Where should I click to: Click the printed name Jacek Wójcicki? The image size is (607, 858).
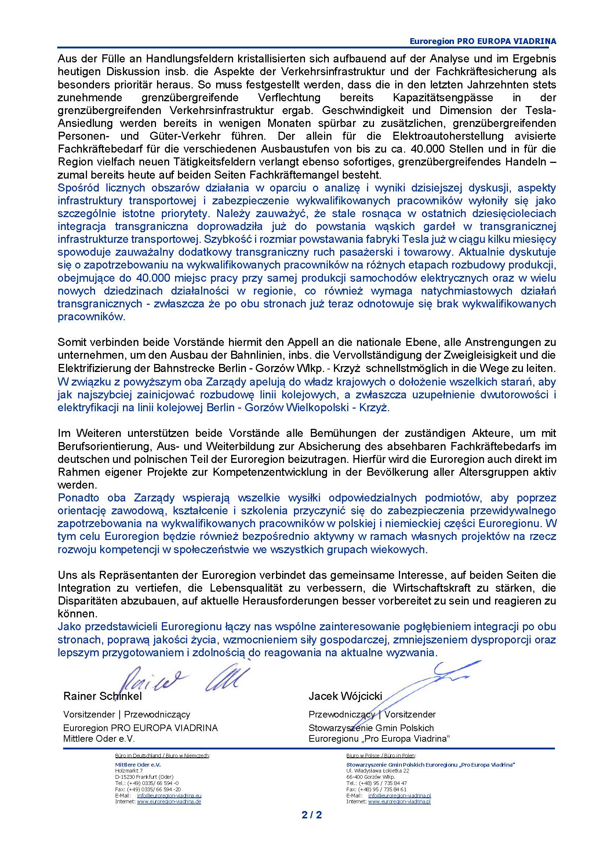[x=345, y=696]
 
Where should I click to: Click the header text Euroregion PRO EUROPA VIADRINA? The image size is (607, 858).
[x=483, y=41]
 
